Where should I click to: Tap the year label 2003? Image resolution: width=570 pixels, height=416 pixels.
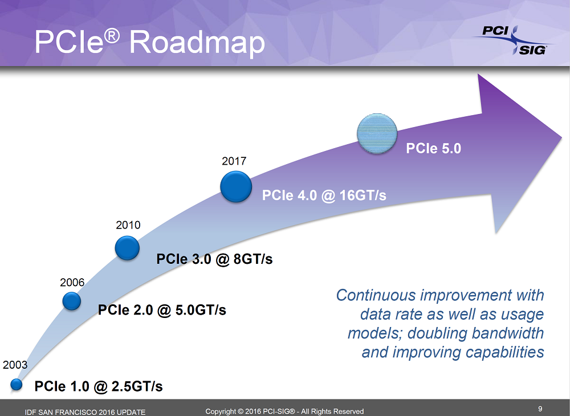15,364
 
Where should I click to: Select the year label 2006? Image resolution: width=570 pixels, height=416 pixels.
72,282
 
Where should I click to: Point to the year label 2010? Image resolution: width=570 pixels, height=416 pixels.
128,225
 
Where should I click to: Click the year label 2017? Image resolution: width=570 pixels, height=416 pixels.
234,161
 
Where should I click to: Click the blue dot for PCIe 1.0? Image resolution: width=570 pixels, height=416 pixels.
17,385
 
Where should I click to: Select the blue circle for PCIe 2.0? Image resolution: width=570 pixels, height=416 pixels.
71,300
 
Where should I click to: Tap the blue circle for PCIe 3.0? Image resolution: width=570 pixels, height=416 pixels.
127,248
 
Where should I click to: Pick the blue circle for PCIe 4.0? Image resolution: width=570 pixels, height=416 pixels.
235,186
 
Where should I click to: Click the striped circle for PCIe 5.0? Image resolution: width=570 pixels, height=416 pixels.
376,134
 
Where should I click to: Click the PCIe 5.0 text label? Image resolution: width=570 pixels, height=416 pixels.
433,149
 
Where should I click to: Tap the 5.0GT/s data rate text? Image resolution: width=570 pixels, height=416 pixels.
194,310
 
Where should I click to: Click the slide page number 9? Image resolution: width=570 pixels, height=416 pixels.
539,408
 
